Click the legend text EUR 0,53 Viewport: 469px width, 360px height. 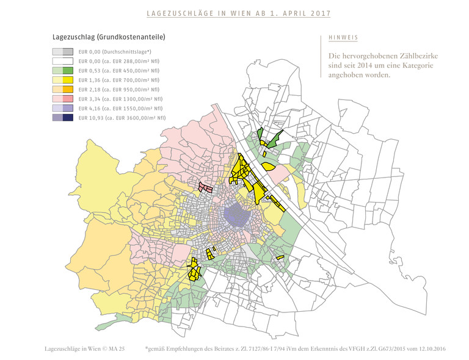point(90,71)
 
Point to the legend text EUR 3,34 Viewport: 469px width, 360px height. point(90,99)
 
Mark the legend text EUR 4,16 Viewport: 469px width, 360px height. point(90,108)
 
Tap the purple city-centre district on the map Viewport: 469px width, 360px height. point(235,214)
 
